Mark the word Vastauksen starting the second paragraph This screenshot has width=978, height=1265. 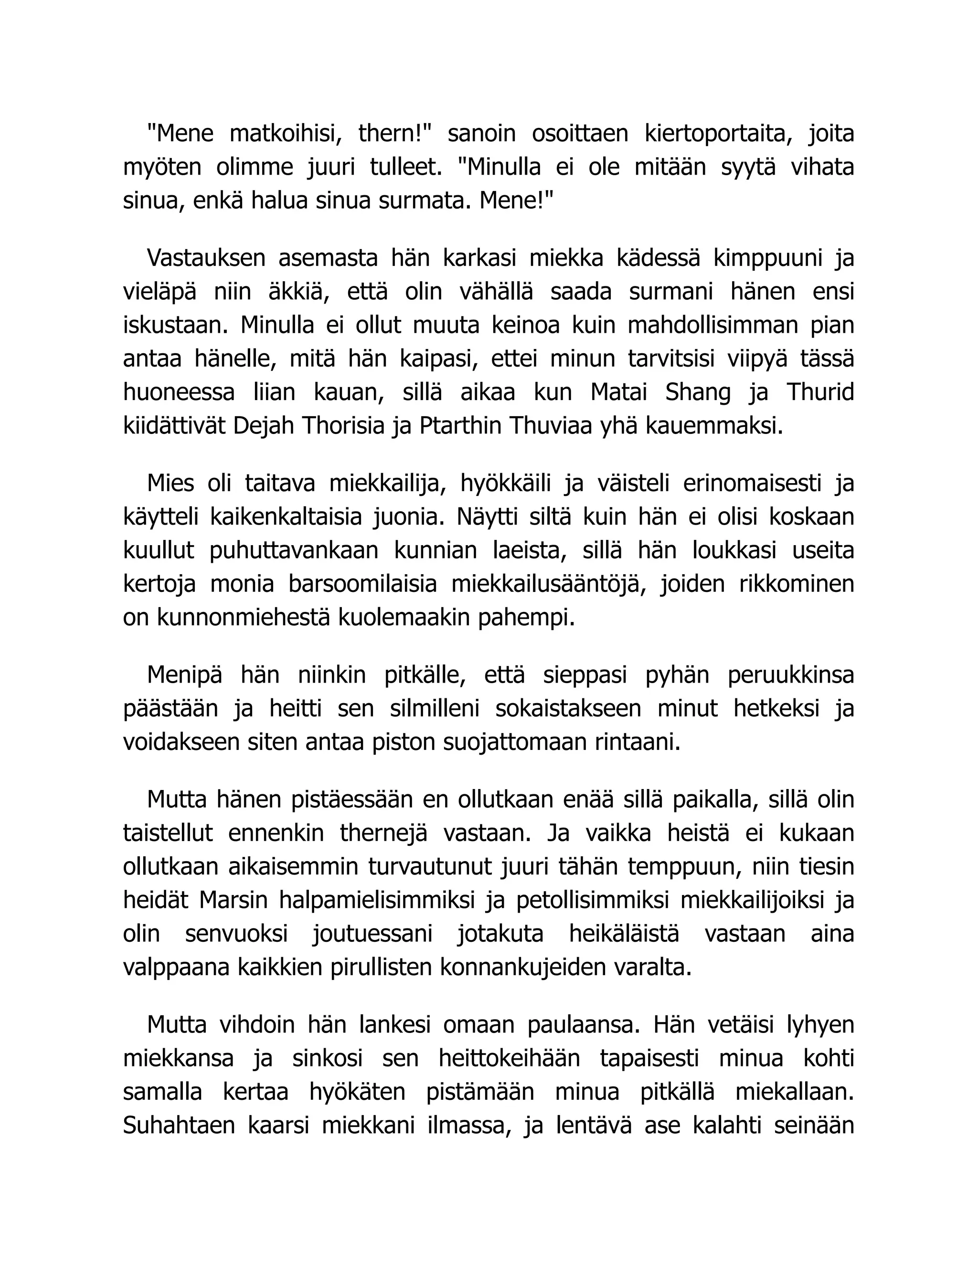206,258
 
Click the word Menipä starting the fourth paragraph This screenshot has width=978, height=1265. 184,675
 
